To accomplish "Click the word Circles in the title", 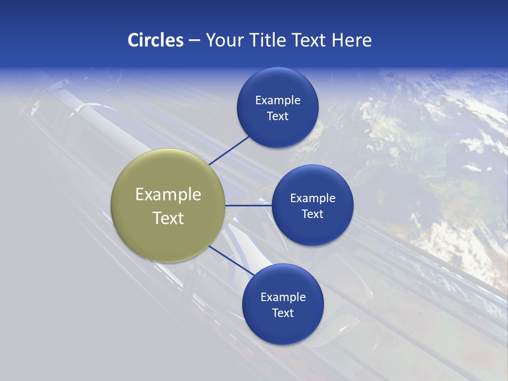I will tap(155, 40).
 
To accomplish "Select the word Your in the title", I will tap(224, 40).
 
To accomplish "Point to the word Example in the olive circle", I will tap(168, 195).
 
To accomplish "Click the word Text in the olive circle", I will tap(168, 218).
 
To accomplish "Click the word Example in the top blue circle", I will tap(277, 101).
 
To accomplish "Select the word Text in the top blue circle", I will tap(277, 116).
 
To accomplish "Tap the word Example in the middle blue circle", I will tap(312, 198).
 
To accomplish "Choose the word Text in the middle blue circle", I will tap(312, 214).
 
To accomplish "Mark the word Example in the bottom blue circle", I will tap(283, 297).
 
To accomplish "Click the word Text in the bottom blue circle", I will tap(283, 313).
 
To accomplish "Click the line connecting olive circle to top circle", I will tap(229, 150).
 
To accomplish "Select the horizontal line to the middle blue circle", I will tap(248, 205).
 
